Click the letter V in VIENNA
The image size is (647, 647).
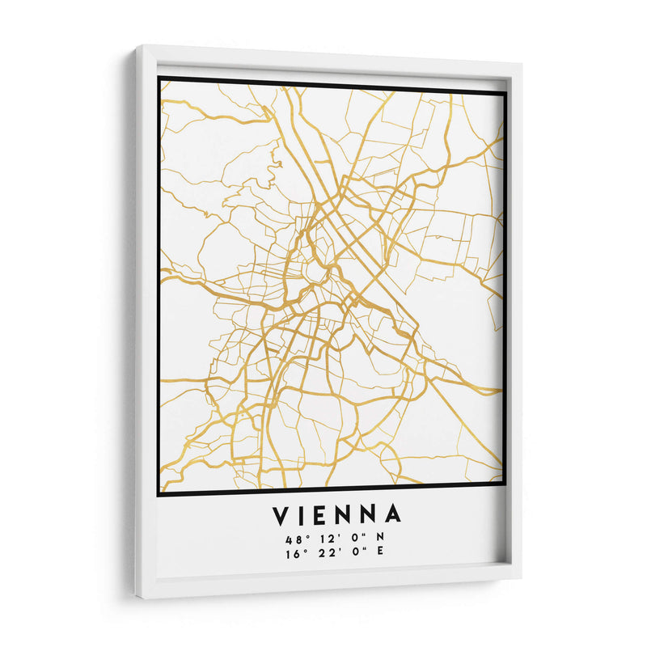pyautogui.click(x=280, y=515)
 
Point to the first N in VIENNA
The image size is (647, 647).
pyautogui.click(x=349, y=515)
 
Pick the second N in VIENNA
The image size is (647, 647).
pyautogui.click(x=371, y=515)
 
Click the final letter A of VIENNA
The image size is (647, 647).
pyautogui.click(x=394, y=515)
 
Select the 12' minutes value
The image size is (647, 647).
pyautogui.click(x=323, y=539)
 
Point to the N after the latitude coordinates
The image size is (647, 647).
pyautogui.click(x=380, y=539)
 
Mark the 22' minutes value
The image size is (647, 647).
pyautogui.click(x=323, y=554)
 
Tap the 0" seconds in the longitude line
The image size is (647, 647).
pyautogui.click(x=352, y=554)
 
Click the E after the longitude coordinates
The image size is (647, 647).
pyautogui.click(x=380, y=554)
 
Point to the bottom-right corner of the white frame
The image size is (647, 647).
pyautogui.click(x=520, y=576)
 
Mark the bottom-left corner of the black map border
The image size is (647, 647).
pyautogui.click(x=159, y=493)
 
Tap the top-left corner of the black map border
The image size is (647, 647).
pyautogui.click(x=159, y=78)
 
